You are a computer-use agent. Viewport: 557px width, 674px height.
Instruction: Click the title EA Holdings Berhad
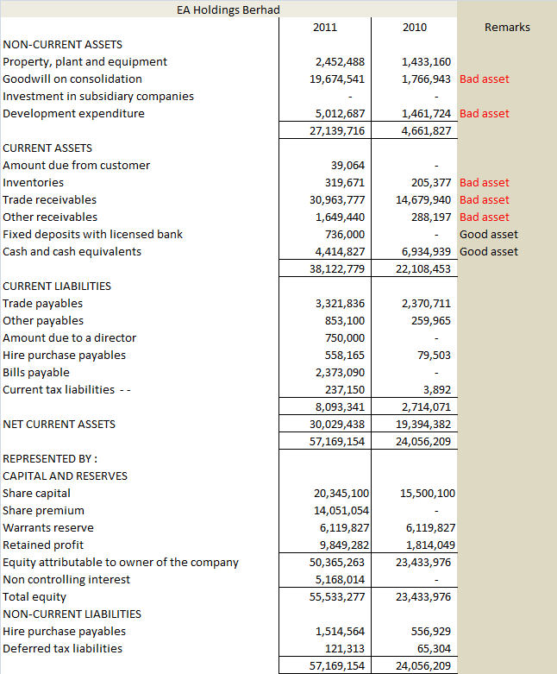(x=228, y=9)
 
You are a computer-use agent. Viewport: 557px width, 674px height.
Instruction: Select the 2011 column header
(x=325, y=28)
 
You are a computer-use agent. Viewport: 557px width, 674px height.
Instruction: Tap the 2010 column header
(x=414, y=28)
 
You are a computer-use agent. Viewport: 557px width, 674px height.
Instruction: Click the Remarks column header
(x=507, y=28)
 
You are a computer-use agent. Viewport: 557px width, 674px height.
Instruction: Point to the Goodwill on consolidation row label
(x=72, y=79)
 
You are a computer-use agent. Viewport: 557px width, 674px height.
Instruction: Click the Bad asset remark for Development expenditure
(x=484, y=113)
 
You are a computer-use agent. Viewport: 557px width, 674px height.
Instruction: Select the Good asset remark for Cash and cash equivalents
(x=489, y=251)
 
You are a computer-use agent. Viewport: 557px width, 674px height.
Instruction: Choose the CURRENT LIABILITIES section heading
(x=57, y=286)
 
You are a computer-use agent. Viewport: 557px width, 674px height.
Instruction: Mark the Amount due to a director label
(x=69, y=337)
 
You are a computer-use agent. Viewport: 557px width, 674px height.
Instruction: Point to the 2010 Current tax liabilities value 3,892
(x=437, y=389)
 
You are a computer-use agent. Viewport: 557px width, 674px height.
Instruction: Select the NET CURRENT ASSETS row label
(x=59, y=424)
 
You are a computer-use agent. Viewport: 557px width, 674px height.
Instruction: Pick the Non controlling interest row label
(x=66, y=579)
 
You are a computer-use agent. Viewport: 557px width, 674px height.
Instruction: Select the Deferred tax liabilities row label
(x=62, y=648)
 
